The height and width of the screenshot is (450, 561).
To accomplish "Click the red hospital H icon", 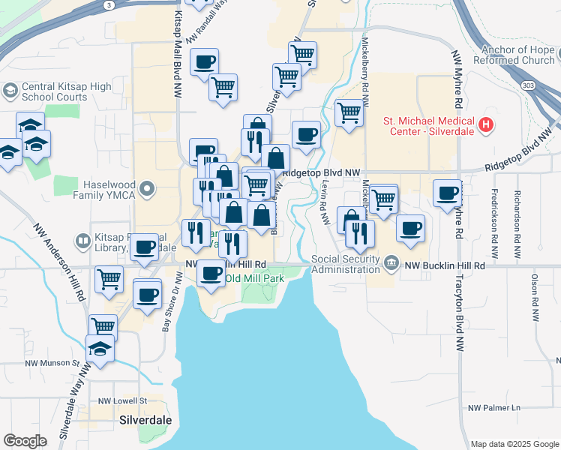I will [487, 124].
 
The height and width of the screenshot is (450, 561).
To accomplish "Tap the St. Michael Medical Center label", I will [429, 124].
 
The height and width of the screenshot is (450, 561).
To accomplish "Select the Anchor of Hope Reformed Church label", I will [517, 55].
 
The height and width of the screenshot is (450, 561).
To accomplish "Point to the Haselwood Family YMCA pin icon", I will [148, 188].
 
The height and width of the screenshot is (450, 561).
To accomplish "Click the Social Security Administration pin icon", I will [391, 262].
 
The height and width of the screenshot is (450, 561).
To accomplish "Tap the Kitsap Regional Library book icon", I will [83, 241].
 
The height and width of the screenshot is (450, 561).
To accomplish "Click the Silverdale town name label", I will [145, 420].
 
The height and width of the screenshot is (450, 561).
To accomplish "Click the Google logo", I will [25, 441].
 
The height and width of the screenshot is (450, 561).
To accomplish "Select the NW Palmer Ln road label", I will [493, 408].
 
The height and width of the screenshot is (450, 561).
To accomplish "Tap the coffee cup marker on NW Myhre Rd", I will [447, 193].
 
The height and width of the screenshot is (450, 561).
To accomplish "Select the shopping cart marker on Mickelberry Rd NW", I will [383, 199].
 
